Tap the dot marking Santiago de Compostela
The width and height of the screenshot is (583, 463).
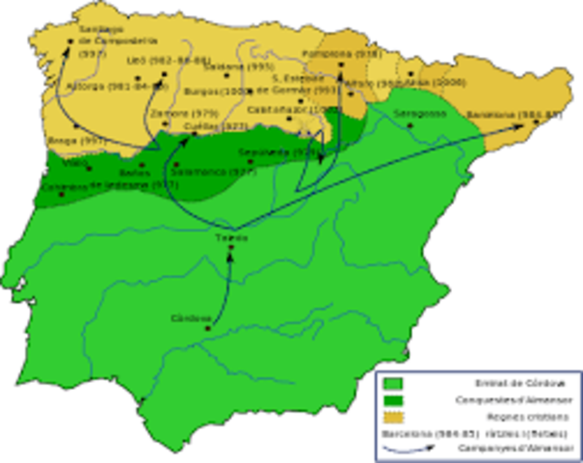point(70,41)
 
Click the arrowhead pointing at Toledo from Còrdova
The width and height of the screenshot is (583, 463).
point(229,256)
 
